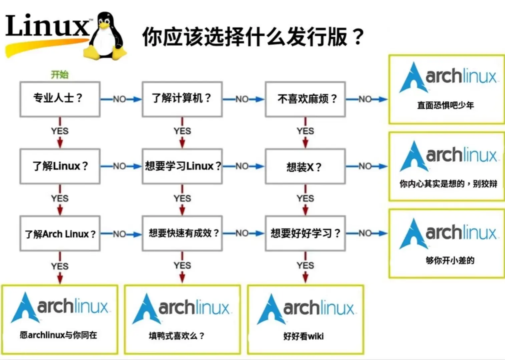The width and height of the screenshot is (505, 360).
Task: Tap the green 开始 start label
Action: (60, 74)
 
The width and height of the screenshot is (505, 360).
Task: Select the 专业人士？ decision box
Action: (60, 99)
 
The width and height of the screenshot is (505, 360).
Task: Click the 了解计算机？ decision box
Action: (182, 99)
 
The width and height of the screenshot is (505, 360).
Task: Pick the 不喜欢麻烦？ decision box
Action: (305, 99)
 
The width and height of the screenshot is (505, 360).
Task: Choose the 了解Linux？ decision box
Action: (60, 166)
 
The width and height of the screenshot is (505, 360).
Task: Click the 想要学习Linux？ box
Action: (182, 166)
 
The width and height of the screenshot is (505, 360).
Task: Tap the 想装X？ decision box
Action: (305, 166)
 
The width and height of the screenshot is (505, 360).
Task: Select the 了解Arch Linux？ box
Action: (60, 234)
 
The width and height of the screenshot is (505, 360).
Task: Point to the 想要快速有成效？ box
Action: (182, 233)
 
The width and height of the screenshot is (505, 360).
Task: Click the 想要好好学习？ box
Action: (305, 233)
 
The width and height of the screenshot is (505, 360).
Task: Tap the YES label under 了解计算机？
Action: (182, 131)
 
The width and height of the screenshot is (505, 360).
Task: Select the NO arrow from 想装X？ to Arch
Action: (366, 166)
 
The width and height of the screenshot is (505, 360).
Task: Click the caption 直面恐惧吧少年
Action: (445, 105)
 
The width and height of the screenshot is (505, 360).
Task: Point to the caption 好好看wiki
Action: (304, 336)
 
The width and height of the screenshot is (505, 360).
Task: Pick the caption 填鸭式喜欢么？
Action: (176, 335)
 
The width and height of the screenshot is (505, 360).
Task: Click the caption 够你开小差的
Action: (450, 260)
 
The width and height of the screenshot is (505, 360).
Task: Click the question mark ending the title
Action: (358, 37)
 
